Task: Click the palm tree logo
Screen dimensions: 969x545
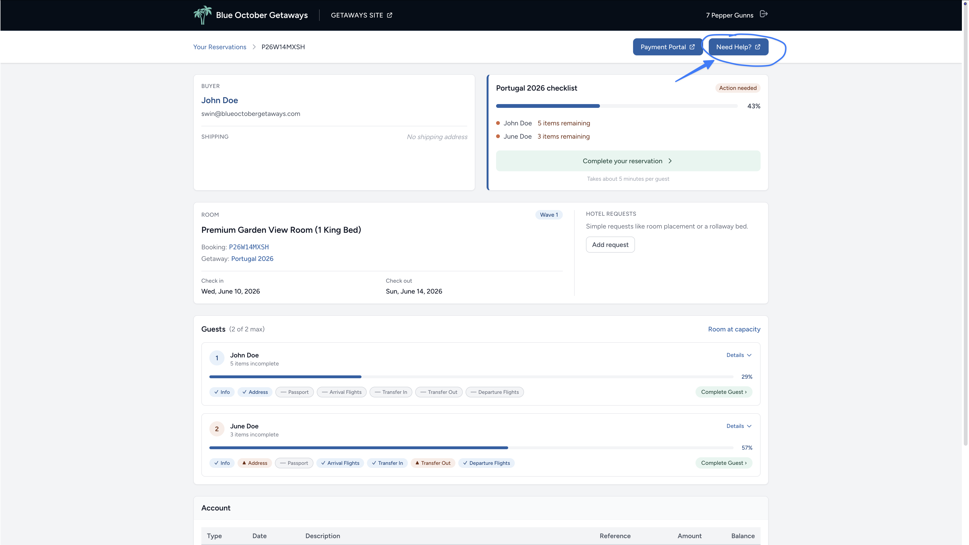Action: [202, 15]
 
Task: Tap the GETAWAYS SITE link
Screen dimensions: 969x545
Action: [361, 15]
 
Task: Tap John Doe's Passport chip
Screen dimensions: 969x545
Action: [295, 392]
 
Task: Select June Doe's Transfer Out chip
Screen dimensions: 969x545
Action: [433, 463]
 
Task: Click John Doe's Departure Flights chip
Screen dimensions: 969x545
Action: [495, 392]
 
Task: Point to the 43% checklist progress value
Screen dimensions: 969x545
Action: [753, 106]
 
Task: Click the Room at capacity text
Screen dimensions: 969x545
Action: [734, 329]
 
